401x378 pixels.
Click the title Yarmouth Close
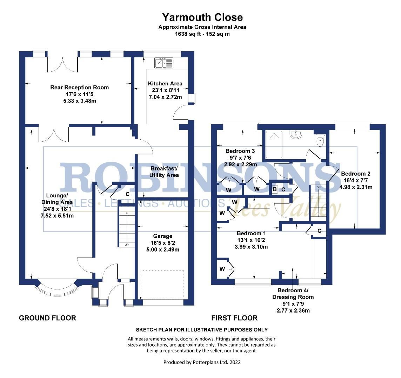coord(202,17)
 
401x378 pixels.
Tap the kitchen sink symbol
coord(163,63)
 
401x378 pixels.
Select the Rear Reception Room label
coord(79,87)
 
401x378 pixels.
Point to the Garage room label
coord(163,236)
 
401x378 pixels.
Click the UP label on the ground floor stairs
coord(127,245)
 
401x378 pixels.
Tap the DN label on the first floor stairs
coord(319,188)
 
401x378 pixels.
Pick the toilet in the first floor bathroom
coord(320,141)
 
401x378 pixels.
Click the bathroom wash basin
coord(296,135)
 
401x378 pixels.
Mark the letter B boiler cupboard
coord(275,189)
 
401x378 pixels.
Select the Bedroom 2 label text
coord(356,174)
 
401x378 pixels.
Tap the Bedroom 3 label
coord(240,151)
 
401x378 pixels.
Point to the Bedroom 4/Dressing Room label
coord(293,294)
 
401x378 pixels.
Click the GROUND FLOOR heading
coord(47,318)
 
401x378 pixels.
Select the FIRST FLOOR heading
coord(234,318)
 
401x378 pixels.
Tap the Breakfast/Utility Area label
coord(164,171)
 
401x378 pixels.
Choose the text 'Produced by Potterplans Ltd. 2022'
coord(202,362)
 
